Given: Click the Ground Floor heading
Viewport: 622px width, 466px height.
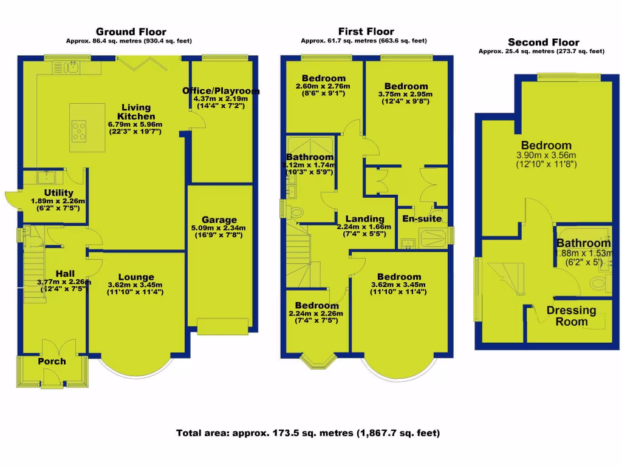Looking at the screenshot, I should (131, 32).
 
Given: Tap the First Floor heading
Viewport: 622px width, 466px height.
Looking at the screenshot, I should (366, 32).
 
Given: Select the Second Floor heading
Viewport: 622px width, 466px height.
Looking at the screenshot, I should (543, 42).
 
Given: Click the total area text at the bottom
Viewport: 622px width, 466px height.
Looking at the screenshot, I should (308, 433).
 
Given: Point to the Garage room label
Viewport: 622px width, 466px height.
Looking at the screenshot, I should (219, 220).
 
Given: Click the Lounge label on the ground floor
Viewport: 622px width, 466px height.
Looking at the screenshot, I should (135, 277).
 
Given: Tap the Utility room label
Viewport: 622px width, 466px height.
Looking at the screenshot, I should (58, 193).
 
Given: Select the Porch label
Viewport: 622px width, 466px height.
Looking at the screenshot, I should (52, 361).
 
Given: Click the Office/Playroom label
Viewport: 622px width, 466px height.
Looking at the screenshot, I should (221, 91).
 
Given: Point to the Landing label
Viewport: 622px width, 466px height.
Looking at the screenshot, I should (364, 219).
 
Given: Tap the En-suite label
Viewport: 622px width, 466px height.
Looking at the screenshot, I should (422, 218).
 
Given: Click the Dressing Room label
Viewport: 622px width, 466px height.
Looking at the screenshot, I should (572, 316).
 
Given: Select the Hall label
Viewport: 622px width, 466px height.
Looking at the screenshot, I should (64, 274).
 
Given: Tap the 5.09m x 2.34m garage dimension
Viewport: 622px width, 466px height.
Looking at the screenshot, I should (219, 230).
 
